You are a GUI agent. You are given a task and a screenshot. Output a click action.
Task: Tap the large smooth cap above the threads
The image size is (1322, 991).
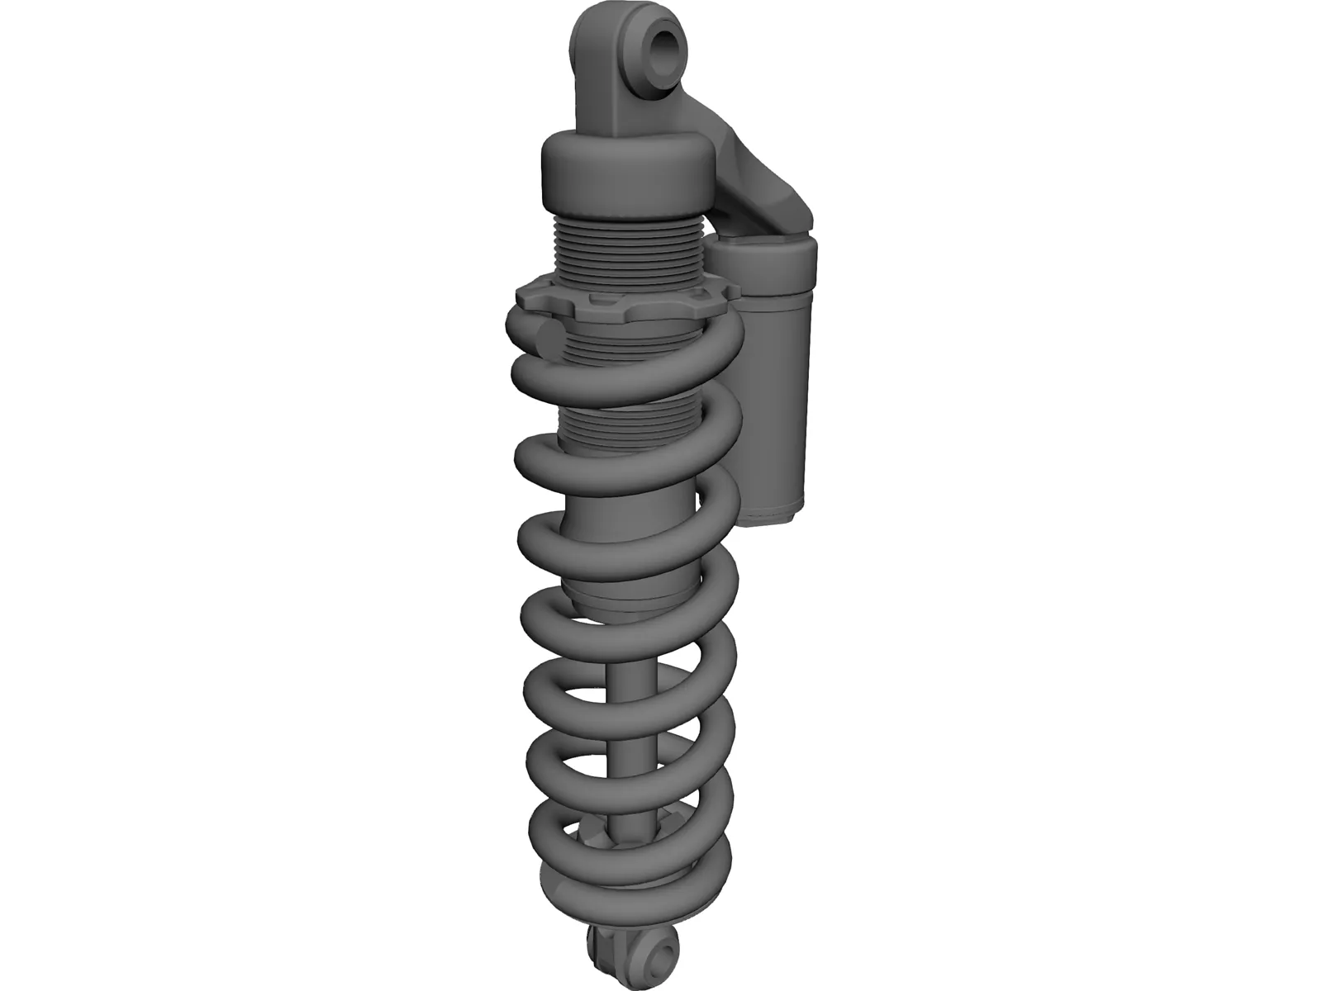[x=625, y=173]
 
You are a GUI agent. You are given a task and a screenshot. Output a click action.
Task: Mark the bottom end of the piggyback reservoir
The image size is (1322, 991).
[x=773, y=516]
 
